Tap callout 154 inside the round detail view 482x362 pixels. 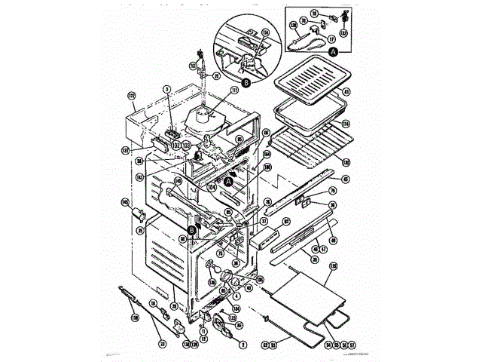tap(265, 32)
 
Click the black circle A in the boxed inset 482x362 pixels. tap(334, 52)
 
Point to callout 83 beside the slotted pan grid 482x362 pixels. tap(346, 93)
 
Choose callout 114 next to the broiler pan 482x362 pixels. tap(346, 124)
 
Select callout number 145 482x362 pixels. tap(124, 201)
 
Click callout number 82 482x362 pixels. tap(287, 221)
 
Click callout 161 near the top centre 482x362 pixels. tap(193, 66)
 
